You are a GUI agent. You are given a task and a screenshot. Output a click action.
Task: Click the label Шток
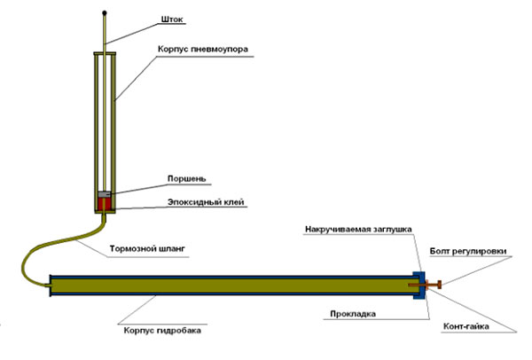pyautogui.click(x=172, y=20)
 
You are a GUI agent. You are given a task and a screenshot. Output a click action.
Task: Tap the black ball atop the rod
pyautogui.click(x=105, y=13)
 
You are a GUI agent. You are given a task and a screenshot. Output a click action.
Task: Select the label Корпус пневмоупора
pyautogui.click(x=203, y=49)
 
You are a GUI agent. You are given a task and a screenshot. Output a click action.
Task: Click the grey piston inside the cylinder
pyautogui.click(x=105, y=194)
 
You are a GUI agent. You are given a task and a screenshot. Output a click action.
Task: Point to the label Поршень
pyautogui.click(x=186, y=178)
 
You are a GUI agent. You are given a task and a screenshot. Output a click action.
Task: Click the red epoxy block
pyautogui.click(x=105, y=204)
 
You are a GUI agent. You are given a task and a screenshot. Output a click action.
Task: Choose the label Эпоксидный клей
pyautogui.click(x=206, y=202)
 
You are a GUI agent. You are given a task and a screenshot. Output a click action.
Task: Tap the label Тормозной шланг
pyautogui.click(x=147, y=248)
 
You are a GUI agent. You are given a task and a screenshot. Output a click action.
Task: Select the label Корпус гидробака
pyautogui.click(x=162, y=330)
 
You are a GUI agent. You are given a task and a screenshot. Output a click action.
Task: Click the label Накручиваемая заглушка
pyautogui.click(x=358, y=230)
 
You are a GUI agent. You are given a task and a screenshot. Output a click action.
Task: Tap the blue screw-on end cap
pyautogui.click(x=419, y=285)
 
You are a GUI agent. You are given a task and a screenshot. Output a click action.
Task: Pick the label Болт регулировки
pyautogui.click(x=468, y=251)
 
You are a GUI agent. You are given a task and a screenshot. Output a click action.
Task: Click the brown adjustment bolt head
pyautogui.click(x=440, y=285)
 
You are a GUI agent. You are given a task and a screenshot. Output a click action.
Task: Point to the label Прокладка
pyautogui.click(x=353, y=314)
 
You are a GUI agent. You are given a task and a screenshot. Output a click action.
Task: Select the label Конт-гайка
pyautogui.click(x=466, y=326)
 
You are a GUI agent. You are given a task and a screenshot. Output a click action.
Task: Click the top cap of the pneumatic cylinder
pyautogui.click(x=105, y=53)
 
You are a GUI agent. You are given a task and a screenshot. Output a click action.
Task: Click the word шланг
pyautogui.click(x=172, y=248)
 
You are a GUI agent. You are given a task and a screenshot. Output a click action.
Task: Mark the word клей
pyautogui.click(x=234, y=202)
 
